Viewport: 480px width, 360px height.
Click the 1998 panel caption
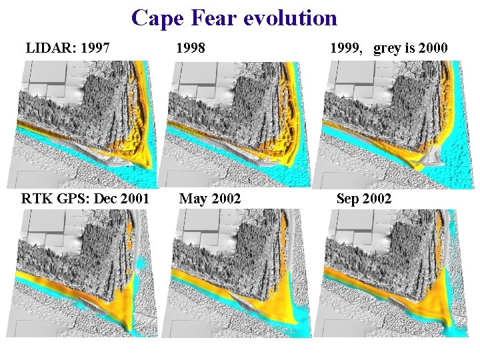(x=190, y=48)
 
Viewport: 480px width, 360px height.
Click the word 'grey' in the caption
(x=387, y=49)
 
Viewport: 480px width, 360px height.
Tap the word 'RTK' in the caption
(x=35, y=198)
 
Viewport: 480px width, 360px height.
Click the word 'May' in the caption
(x=193, y=199)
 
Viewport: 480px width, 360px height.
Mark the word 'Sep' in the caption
(x=349, y=199)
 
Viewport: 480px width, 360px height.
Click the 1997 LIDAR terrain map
(x=83, y=124)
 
